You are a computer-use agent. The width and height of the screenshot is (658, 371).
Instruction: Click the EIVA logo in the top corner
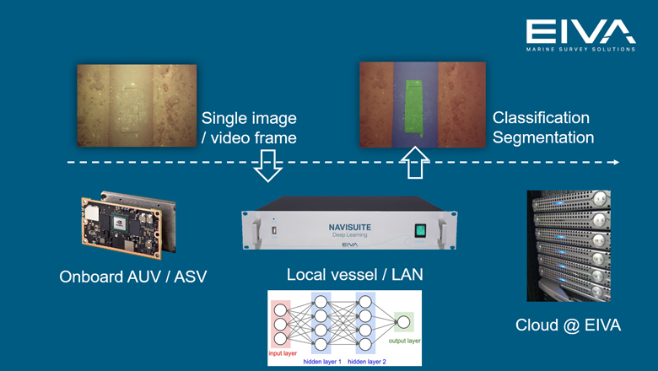pyautogui.click(x=580, y=32)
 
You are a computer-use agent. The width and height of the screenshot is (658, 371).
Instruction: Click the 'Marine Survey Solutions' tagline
pyautogui.click(x=580, y=50)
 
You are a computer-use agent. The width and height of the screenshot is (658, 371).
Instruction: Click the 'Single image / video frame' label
pyautogui.click(x=248, y=127)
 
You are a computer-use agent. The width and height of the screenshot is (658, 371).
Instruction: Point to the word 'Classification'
pyautogui.click(x=541, y=118)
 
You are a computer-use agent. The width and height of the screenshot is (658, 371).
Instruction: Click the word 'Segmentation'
pyautogui.click(x=543, y=137)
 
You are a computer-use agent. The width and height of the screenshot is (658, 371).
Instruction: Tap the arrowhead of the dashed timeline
pyautogui.click(x=617, y=162)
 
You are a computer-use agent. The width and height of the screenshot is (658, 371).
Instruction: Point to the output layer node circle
pyautogui.click(x=404, y=321)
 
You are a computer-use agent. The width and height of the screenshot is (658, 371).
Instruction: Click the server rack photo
pyautogui.click(x=569, y=245)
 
